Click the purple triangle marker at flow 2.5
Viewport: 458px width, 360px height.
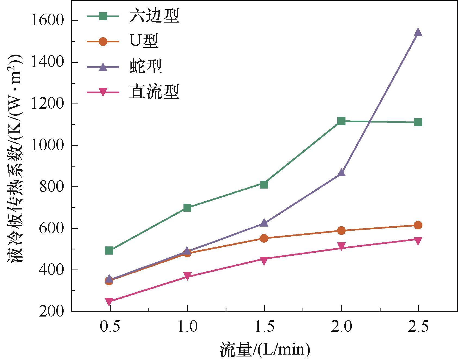[418, 33]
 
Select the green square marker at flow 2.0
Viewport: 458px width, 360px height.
[341, 121]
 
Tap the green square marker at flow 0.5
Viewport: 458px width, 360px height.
[109, 251]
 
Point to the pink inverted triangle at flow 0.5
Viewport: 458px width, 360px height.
[109, 301]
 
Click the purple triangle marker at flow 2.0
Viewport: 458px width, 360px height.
[341, 173]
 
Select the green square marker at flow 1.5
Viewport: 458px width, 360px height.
[264, 184]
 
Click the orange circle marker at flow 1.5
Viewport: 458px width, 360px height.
[264, 238]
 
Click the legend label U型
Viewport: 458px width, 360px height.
[143, 42]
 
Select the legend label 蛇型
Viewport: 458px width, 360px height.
[146, 67]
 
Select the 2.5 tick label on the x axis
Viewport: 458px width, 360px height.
[418, 326]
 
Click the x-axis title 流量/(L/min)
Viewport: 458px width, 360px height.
[265, 350]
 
